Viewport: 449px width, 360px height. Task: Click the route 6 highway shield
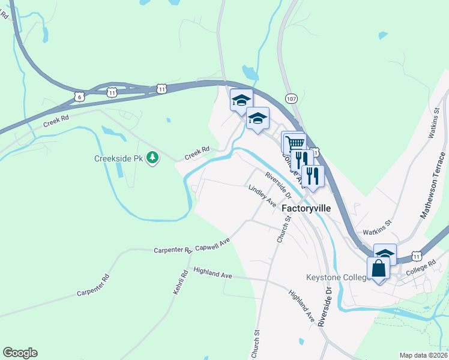79,96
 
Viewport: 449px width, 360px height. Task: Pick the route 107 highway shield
292,98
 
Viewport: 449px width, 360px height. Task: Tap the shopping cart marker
295,143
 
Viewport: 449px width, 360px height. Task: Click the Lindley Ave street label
262,196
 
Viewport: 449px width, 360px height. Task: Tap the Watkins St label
376,227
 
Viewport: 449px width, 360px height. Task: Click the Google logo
20,353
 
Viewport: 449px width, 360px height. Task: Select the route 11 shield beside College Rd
416,256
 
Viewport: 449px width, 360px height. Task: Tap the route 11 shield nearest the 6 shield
112,92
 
